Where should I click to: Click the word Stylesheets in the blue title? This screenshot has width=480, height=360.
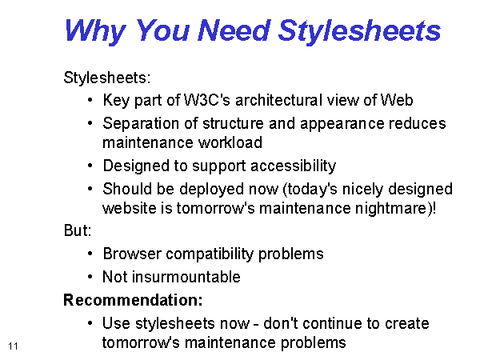click(359, 31)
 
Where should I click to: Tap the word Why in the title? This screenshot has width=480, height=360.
click(95, 31)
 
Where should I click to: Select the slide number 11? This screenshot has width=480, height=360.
click(13, 346)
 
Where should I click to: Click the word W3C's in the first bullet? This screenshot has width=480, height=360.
click(206, 100)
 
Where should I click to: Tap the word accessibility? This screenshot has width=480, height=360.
click(294, 166)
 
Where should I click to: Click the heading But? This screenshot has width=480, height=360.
click(78, 230)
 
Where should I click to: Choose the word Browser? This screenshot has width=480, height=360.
click(132, 254)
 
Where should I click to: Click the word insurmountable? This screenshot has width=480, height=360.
click(186, 277)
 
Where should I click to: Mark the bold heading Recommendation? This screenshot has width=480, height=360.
click(133, 300)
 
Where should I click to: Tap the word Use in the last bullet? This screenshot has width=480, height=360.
click(116, 323)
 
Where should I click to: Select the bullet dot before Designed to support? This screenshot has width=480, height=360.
click(90, 166)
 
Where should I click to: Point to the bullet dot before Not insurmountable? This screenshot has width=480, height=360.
click(90, 277)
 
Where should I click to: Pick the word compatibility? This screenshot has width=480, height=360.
click(210, 254)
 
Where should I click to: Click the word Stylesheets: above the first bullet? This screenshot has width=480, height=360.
click(107, 78)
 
